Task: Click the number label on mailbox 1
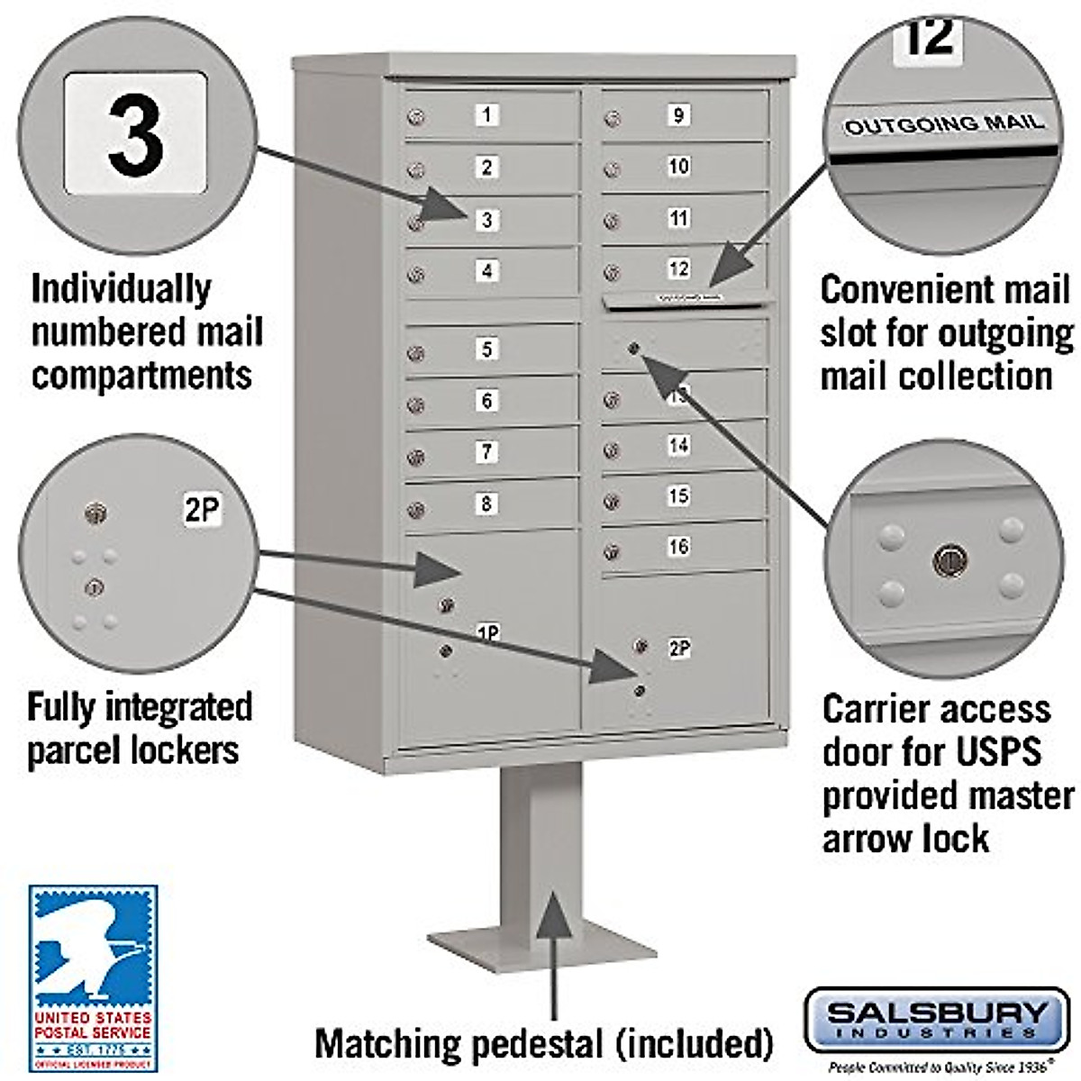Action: tap(487, 114)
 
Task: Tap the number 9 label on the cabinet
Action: tap(678, 114)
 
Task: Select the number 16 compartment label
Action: tap(678, 546)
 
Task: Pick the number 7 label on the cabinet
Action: tap(487, 451)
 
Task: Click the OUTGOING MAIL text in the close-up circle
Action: tap(944, 123)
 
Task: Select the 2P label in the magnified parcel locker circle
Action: tap(202, 511)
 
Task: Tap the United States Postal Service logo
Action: tap(93, 977)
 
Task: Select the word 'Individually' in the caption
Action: tap(121, 289)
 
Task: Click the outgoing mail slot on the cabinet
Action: tap(686, 298)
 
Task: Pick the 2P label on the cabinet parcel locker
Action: tap(679, 648)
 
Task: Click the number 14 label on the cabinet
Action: tap(678, 445)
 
